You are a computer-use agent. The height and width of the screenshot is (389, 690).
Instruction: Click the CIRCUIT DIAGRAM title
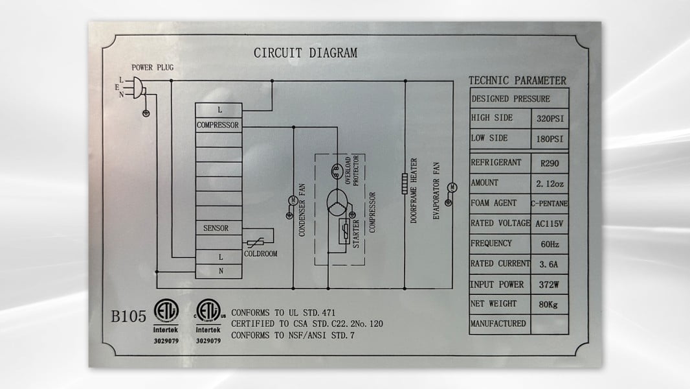click(x=306, y=53)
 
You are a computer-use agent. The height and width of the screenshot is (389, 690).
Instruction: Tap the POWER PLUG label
click(x=153, y=67)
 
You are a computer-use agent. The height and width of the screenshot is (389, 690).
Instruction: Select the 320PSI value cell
click(x=550, y=119)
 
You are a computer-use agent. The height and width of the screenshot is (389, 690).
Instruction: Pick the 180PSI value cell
click(x=550, y=139)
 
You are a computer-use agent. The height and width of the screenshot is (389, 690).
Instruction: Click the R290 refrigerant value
click(x=550, y=163)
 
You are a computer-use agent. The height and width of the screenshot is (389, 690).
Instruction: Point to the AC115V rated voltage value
click(x=549, y=224)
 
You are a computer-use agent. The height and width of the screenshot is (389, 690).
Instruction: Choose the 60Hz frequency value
click(x=550, y=244)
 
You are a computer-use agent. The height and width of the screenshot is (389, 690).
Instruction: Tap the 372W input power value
click(x=549, y=285)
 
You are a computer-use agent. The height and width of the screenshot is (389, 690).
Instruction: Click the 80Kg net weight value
click(x=548, y=305)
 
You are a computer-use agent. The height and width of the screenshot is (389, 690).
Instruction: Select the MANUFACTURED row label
click(x=498, y=324)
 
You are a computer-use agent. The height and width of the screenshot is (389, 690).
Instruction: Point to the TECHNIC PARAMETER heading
click(x=517, y=80)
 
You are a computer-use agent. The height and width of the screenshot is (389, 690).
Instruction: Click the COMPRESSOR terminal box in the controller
click(x=219, y=125)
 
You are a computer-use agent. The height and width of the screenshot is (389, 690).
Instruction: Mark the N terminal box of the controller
click(x=219, y=272)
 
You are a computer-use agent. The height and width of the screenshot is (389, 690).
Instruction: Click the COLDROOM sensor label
click(x=260, y=253)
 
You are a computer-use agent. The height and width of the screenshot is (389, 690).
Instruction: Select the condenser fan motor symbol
click(x=293, y=200)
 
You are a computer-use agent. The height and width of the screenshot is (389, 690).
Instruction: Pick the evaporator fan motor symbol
click(x=452, y=187)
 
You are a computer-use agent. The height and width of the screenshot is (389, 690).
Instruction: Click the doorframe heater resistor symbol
click(x=405, y=183)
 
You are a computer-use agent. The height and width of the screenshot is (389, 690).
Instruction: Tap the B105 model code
click(x=128, y=316)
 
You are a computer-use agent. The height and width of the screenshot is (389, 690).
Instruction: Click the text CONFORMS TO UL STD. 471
click(x=283, y=312)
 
